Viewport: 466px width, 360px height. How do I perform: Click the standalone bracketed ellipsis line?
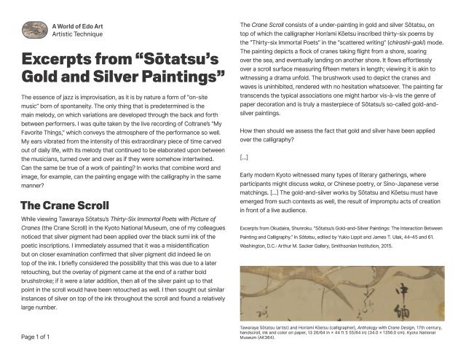244,157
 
